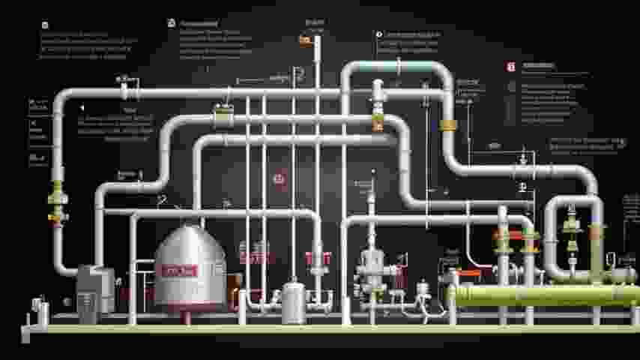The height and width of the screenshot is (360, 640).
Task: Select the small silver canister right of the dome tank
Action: (293, 302)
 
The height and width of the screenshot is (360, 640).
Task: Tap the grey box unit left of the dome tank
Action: (96, 289)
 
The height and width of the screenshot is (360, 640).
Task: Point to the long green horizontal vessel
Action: (540, 295)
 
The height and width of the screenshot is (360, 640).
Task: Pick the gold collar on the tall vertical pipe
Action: (449, 124)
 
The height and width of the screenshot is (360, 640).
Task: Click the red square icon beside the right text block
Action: (511, 67)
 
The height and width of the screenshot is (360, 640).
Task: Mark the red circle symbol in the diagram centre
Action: (280, 178)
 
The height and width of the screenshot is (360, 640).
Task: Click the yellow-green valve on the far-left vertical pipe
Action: (57, 199)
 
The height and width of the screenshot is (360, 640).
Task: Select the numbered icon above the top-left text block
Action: (45, 25)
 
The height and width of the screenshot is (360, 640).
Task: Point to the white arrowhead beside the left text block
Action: (82, 108)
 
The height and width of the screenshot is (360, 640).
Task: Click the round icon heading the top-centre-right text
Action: (378, 34)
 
